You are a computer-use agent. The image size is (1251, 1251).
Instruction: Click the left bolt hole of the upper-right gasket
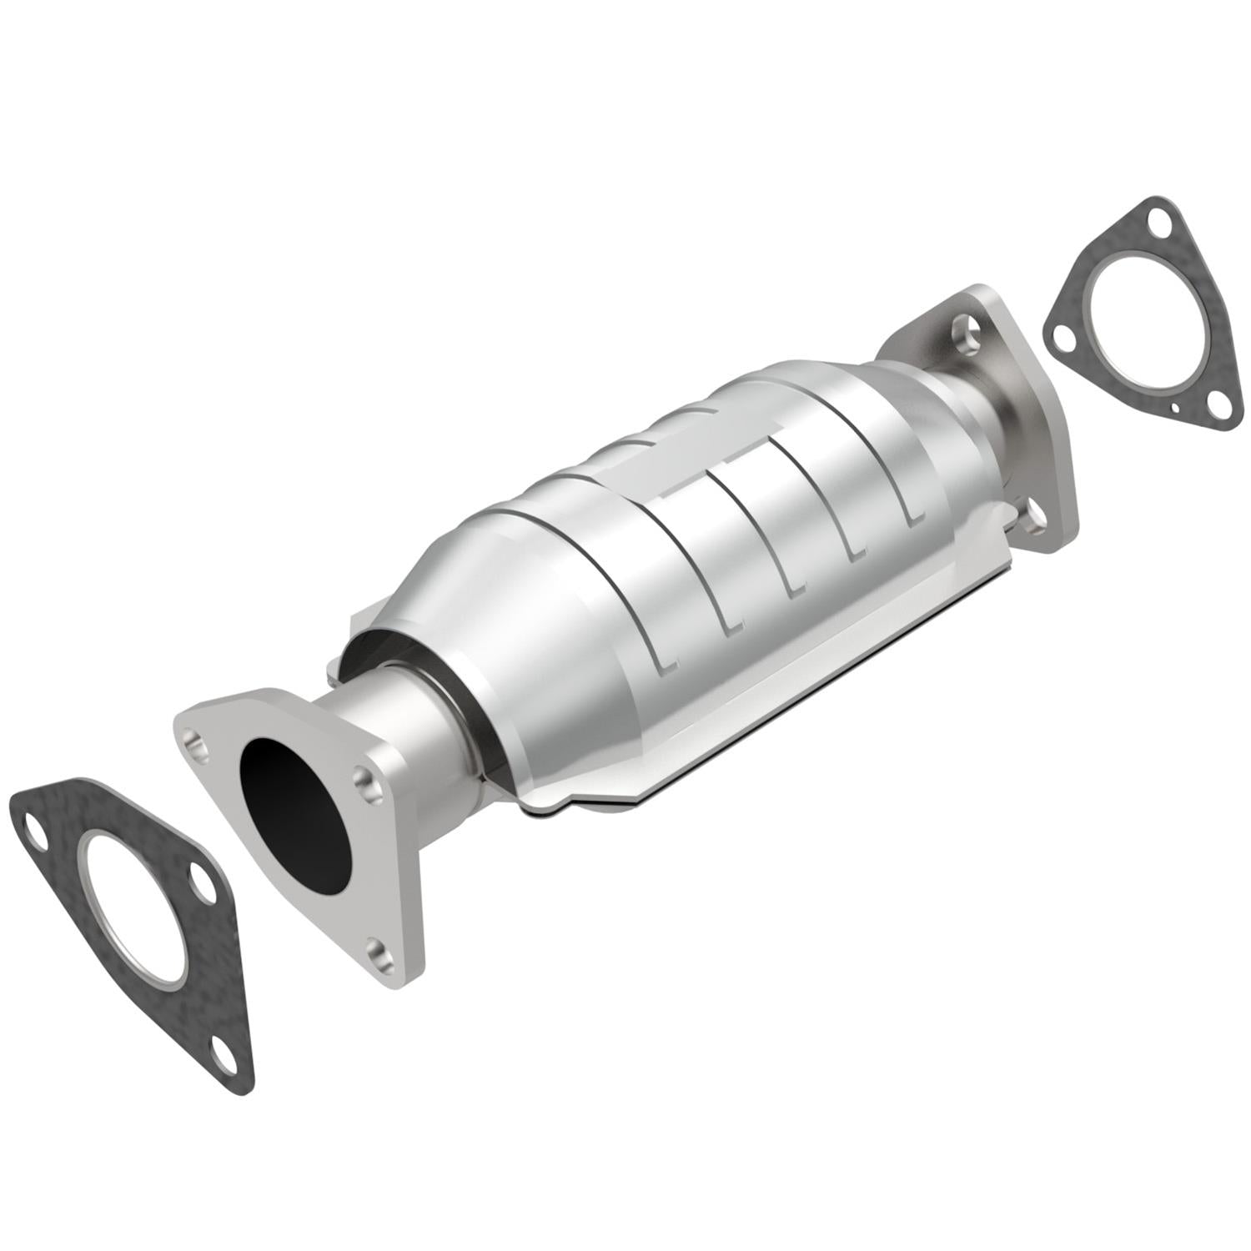click(1063, 337)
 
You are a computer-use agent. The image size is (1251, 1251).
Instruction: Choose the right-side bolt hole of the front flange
click(364, 779)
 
